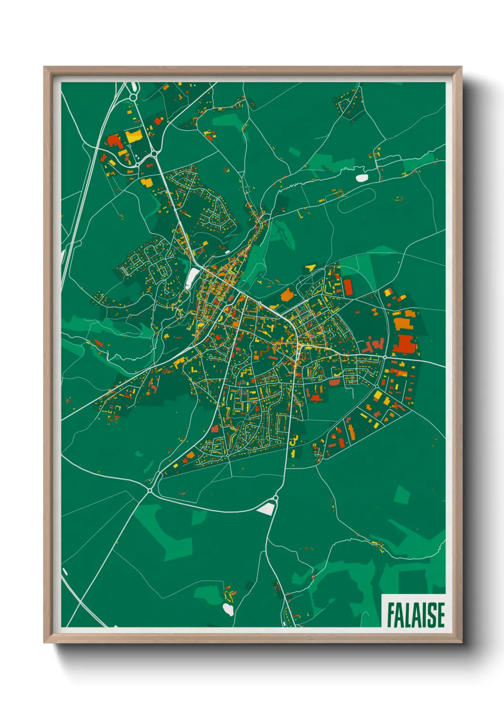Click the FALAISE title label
point(415,614)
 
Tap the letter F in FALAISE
point(391,615)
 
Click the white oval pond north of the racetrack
point(362,178)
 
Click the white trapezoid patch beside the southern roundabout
point(266,509)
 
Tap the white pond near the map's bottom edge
point(228,609)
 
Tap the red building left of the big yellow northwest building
point(114,141)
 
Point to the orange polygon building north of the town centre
point(287,295)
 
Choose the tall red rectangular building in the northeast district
point(348,287)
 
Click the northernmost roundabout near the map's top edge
point(132,97)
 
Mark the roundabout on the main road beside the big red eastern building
point(384,357)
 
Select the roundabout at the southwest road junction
point(150,490)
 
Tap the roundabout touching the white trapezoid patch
point(276,498)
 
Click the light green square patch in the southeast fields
point(402,495)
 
